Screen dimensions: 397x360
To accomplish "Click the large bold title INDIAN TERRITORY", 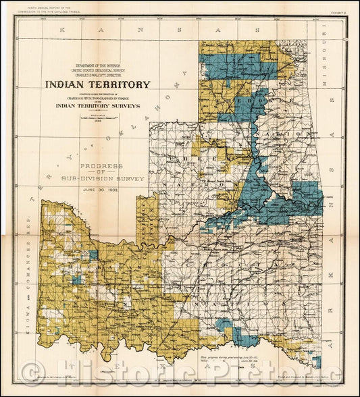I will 98,85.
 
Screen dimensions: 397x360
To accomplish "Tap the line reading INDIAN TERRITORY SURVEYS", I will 98,106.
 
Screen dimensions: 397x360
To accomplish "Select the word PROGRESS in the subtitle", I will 100,165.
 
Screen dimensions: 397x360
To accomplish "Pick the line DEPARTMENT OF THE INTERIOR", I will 98,62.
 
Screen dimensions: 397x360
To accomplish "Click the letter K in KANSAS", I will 62,31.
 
